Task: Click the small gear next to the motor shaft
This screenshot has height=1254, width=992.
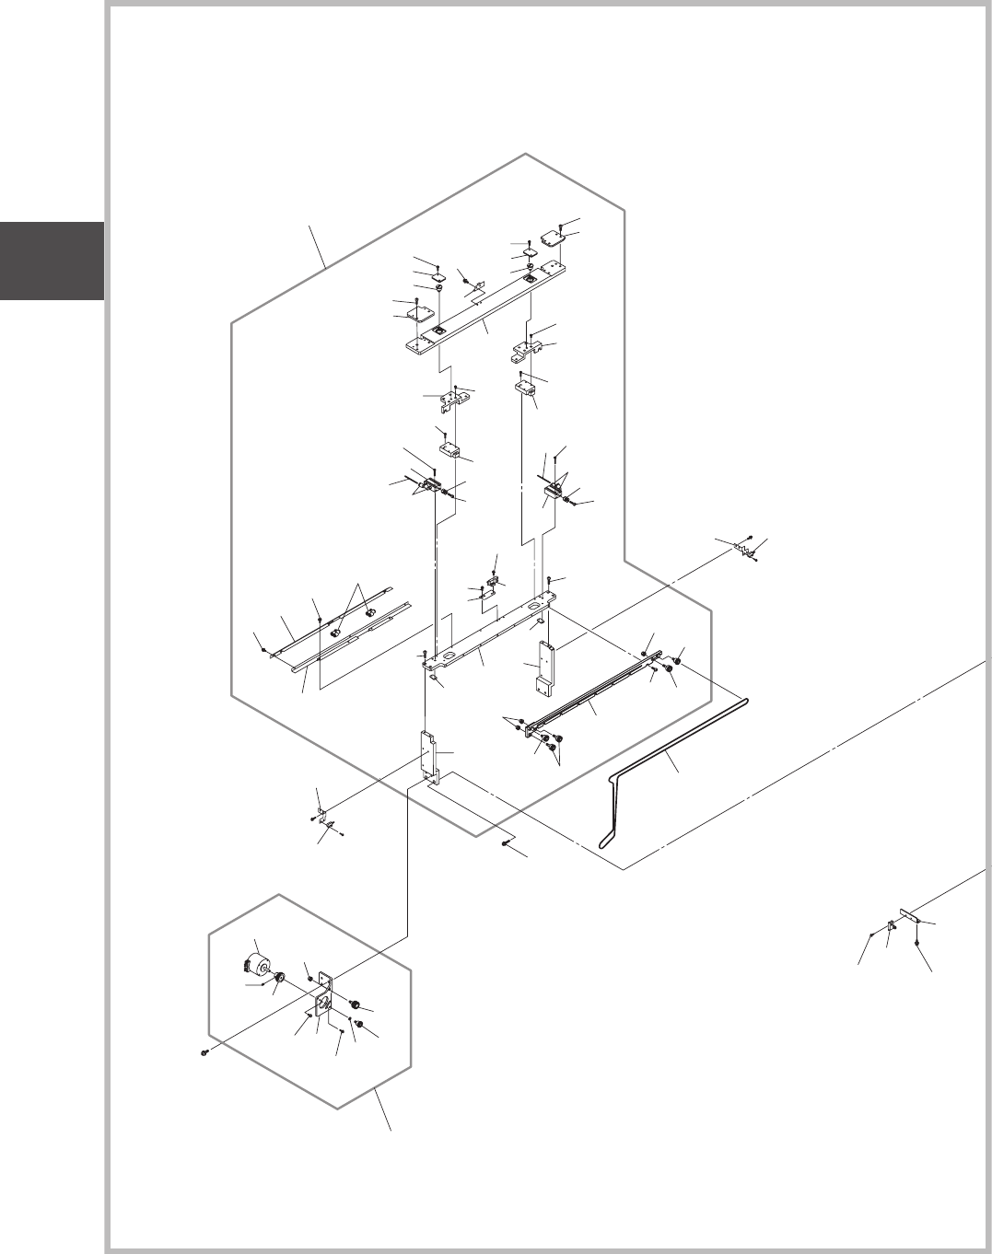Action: coord(275,989)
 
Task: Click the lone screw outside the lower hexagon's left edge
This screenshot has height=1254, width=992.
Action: coord(204,1052)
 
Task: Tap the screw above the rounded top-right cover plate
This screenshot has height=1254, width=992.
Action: coord(561,224)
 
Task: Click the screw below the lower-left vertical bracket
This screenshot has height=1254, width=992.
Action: coord(508,842)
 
